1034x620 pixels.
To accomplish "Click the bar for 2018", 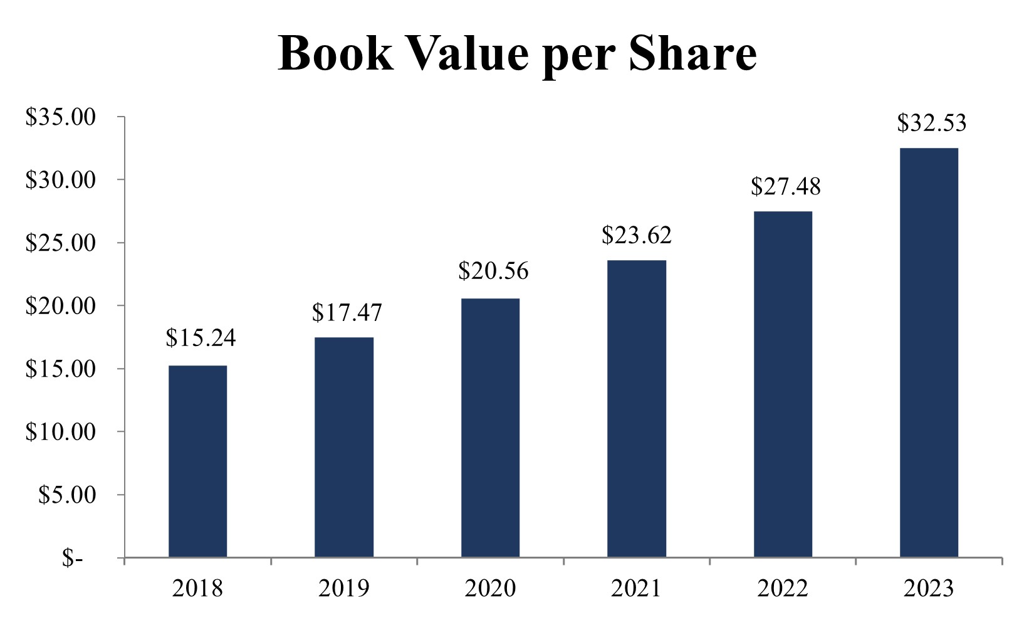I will (x=197, y=461).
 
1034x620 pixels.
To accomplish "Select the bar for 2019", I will (x=343, y=447).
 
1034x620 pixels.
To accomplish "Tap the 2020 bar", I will (x=490, y=428).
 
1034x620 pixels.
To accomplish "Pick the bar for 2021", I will (x=636, y=408).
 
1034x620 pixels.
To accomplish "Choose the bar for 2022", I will (x=783, y=384).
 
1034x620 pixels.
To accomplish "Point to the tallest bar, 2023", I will (x=929, y=352).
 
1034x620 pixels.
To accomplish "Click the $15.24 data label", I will (x=201, y=338).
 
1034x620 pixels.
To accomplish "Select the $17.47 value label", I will (x=347, y=312).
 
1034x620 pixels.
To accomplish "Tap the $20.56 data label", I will (x=493, y=271).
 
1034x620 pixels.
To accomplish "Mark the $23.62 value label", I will (x=636, y=235).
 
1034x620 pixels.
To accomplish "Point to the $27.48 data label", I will (x=785, y=186).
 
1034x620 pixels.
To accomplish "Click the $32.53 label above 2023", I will (x=931, y=123).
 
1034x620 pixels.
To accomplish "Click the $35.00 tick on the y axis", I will (x=60, y=117).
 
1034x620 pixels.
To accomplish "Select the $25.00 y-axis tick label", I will (x=60, y=243).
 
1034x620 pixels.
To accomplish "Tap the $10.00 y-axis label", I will (x=60, y=431).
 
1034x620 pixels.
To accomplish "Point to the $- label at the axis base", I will (x=71, y=557).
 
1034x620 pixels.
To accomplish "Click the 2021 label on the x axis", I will (x=636, y=589).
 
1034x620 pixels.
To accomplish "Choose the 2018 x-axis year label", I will (x=197, y=589).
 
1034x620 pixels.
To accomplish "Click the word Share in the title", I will (x=692, y=53).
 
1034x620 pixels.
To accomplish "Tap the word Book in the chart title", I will (x=336, y=53).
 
